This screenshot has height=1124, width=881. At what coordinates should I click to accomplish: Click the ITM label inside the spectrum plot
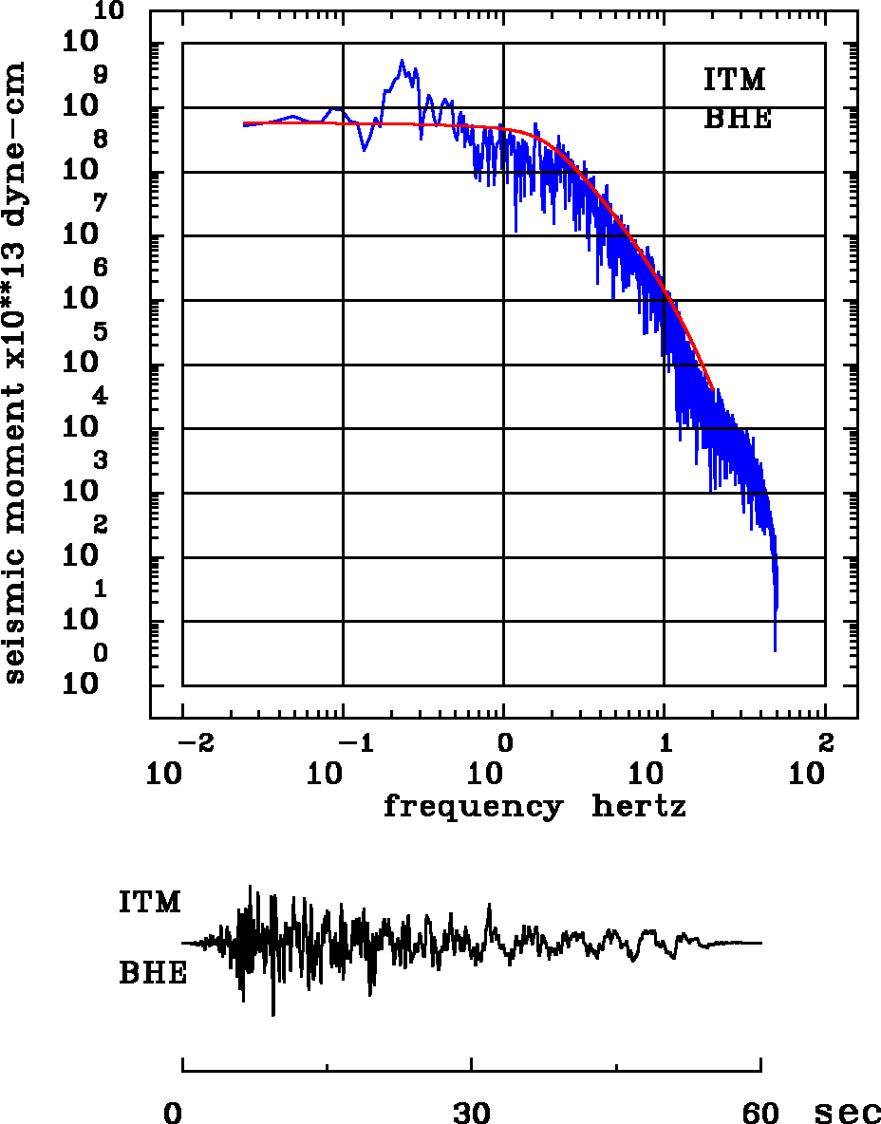(734, 80)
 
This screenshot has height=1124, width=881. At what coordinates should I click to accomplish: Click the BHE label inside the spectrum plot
(737, 120)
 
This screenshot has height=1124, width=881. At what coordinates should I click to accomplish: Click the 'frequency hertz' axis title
(534, 807)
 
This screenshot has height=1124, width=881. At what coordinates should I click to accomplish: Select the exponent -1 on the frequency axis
(350, 740)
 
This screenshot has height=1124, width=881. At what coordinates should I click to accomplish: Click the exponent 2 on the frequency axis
(825, 740)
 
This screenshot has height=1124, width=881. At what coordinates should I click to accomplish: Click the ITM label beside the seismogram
(149, 902)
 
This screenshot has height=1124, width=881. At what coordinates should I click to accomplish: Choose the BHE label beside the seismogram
(153, 974)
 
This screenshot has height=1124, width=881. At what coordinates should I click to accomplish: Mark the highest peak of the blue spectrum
(402, 60)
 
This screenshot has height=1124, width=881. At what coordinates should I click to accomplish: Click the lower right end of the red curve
(711, 387)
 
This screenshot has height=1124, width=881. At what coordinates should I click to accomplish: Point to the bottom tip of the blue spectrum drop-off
(775, 650)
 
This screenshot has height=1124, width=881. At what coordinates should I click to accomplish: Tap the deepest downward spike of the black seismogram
(273, 1015)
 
